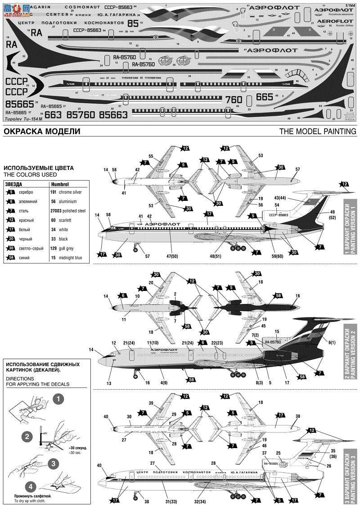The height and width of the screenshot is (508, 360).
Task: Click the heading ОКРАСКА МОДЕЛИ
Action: tap(41, 132)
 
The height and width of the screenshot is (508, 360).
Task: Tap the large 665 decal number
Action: tap(265, 96)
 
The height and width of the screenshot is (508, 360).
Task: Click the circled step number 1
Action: tap(58, 399)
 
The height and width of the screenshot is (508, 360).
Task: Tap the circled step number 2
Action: tap(27, 435)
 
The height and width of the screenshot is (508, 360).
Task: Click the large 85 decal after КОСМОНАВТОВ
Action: tap(133, 22)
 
